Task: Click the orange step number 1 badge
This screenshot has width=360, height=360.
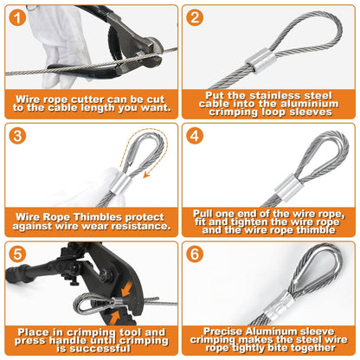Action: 17,17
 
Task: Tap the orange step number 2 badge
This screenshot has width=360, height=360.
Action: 195,17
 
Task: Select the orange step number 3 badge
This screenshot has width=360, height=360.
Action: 17,136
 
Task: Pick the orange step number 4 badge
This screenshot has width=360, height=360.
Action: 195,136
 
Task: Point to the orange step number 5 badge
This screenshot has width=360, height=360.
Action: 17,254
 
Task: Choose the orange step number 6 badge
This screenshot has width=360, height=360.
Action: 195,254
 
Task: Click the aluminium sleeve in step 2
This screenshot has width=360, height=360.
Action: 260,61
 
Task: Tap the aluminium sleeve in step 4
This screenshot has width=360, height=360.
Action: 289,186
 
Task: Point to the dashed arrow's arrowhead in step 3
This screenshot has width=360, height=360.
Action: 147,174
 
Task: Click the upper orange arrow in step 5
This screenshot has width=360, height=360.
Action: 127,289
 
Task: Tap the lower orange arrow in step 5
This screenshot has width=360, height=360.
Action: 114,318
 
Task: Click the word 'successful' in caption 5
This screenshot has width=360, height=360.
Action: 100,349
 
